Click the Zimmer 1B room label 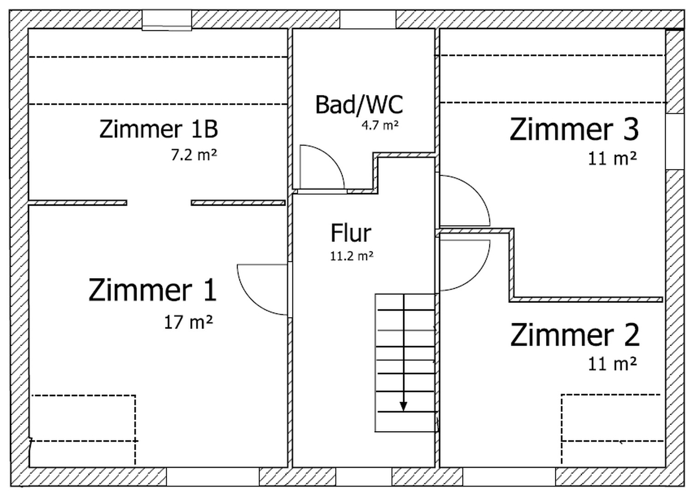(158, 129)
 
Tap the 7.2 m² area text (194, 155)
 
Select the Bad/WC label (359, 105)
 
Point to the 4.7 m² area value (380, 125)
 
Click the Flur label (351, 233)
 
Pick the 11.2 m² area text (351, 256)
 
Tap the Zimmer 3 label (574, 130)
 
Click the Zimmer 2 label (575, 335)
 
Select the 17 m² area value (188, 322)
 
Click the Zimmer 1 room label (152, 290)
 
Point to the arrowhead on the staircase (404, 406)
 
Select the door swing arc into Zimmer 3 (480, 194)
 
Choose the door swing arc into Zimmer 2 (480, 272)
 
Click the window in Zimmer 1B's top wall (167, 20)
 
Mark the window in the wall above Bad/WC (368, 19)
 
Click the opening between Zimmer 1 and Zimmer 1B (159, 203)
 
